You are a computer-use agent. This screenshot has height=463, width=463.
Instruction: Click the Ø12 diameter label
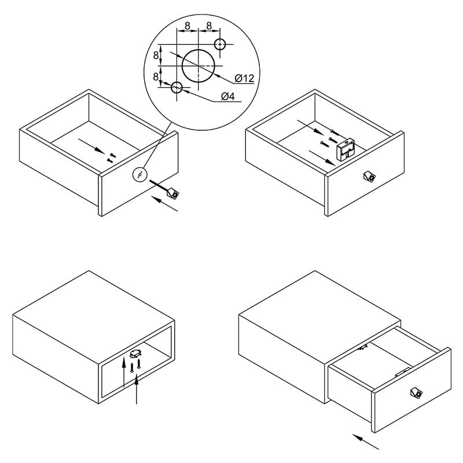pos(244,78)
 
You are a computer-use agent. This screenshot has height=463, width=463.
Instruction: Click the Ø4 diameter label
pos(228,96)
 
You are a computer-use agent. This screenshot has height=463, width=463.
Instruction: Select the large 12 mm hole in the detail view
pos(198,65)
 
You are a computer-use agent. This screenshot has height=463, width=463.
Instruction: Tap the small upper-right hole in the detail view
pos(220,45)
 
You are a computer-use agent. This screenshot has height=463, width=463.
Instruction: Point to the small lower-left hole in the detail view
pos(177,87)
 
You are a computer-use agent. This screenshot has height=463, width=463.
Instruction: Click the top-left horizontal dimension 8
pos(188,26)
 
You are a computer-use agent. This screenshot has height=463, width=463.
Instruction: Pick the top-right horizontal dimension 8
pos(209,26)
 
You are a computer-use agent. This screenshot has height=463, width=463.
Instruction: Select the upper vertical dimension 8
pos(156,55)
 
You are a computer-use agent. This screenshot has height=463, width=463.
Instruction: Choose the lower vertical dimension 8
pos(156,77)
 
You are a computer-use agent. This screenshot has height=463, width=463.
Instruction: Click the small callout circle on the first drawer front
pos(139,175)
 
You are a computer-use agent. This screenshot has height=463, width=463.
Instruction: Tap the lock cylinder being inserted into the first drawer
pos(172,193)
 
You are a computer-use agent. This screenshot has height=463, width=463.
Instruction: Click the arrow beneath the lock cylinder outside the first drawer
pos(166,204)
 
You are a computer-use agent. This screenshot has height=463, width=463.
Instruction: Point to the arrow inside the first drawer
pos(91,146)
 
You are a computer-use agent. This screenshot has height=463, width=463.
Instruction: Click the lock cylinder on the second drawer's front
pos(369,177)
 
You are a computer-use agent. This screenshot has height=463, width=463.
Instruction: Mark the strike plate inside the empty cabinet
pos(135,354)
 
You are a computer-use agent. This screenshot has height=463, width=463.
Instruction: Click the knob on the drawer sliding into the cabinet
pos(416,392)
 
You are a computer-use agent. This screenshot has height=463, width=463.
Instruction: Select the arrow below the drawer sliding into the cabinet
pos(366,442)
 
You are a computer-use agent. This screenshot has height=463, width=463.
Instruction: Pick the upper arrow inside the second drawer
pos(311,127)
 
